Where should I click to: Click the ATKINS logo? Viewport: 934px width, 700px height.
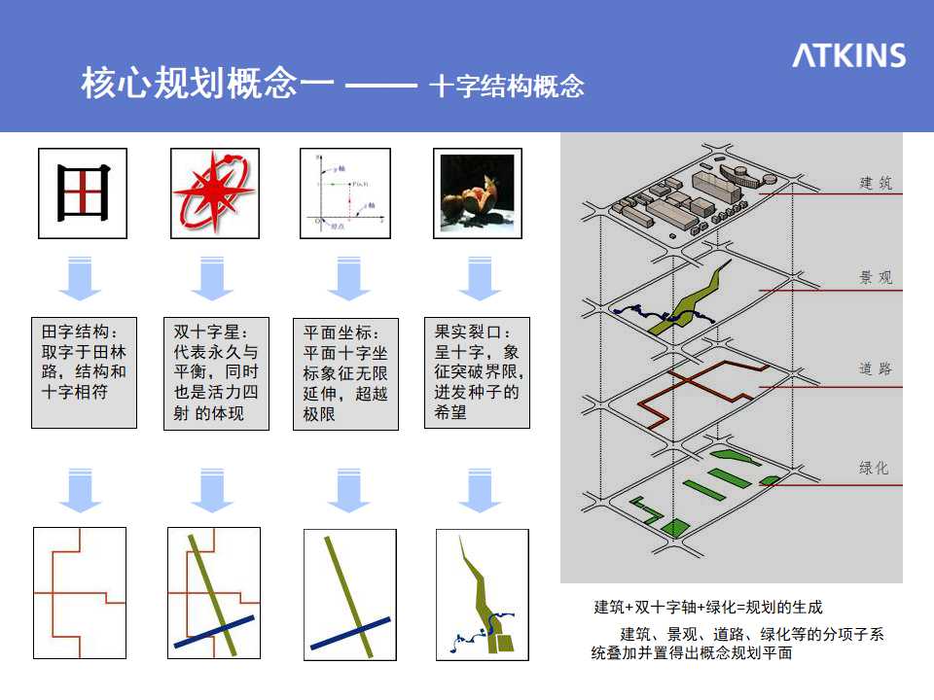(x=848, y=55)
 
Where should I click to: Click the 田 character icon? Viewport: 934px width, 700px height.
(x=83, y=193)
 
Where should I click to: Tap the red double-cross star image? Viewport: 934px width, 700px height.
(x=214, y=193)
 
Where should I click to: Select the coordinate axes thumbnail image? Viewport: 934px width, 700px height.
(x=345, y=193)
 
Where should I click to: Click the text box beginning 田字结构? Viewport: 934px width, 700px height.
(x=84, y=371)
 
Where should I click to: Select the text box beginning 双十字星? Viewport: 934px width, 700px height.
(x=216, y=371)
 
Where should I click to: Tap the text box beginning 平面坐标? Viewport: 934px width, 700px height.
(x=345, y=372)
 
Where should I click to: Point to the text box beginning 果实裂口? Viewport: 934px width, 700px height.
(x=478, y=371)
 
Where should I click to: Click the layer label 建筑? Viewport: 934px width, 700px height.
(x=875, y=183)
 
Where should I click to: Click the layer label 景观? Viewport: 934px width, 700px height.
(x=875, y=278)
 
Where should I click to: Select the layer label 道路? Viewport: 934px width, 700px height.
(x=875, y=369)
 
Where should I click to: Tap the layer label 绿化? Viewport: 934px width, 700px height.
(x=874, y=468)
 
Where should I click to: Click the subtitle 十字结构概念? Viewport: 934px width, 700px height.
(x=506, y=86)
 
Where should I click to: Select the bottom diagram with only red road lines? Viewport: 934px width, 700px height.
(x=80, y=593)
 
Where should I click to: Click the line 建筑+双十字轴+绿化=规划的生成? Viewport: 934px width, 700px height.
(x=708, y=608)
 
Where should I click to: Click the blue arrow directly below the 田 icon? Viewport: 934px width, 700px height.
(x=80, y=280)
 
